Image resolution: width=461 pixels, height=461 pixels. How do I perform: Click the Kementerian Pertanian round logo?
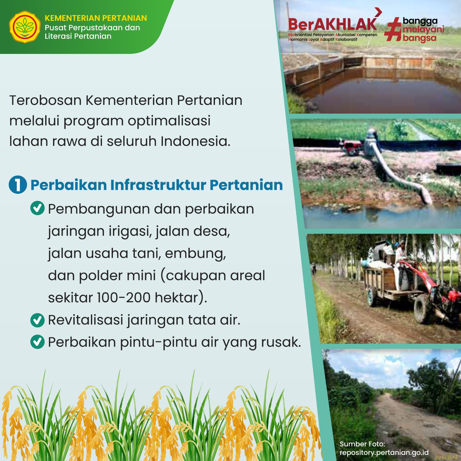coord(25,27)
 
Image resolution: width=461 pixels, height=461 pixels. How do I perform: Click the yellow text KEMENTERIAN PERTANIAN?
coord(96,18)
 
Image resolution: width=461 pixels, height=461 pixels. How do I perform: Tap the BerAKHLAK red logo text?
coord(332,24)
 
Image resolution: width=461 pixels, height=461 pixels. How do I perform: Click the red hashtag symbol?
coord(393,29)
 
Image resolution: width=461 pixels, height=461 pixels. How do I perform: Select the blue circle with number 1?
coord(18,185)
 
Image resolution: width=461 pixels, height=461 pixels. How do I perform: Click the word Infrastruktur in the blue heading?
coord(158,185)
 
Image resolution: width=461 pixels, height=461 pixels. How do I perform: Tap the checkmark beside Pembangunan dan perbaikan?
coord(37,208)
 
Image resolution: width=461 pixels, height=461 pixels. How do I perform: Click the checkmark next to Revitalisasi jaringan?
coord(37,320)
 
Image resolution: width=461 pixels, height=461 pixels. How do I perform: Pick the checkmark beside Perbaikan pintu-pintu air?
coord(37,342)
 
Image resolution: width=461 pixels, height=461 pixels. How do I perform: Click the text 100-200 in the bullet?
coord(124,298)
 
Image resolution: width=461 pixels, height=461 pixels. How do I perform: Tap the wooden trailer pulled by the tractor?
coord(382,284)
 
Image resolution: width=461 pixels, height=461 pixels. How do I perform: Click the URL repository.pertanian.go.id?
coord(384,453)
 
